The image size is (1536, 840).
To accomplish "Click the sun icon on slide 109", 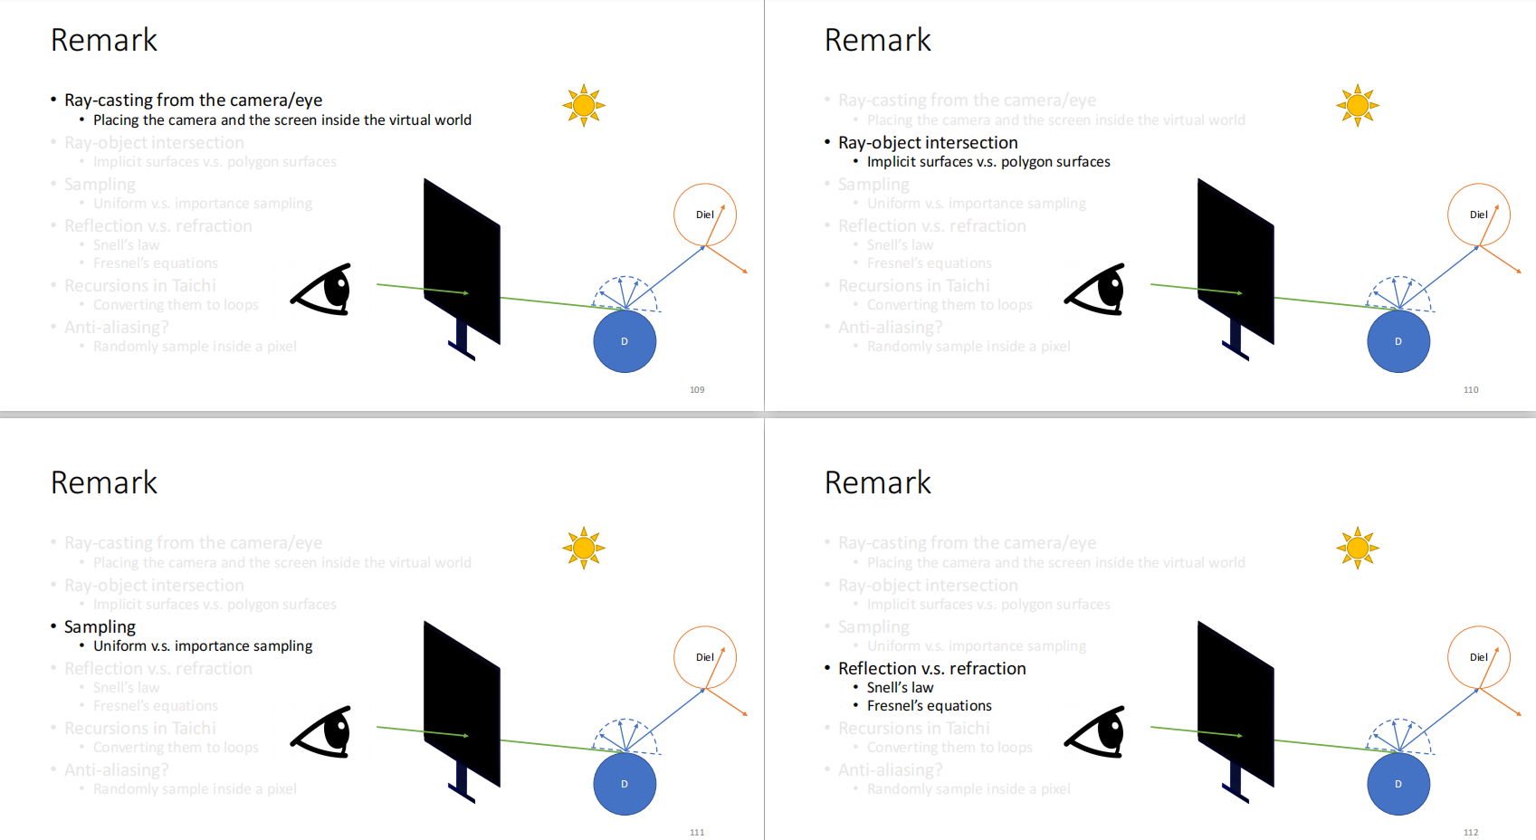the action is tap(584, 106).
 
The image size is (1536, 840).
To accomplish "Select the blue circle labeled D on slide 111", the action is tap(625, 784).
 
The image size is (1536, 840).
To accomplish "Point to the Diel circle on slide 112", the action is tap(1478, 657).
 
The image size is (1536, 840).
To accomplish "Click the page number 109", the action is tap(697, 390).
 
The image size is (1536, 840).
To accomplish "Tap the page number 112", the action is tap(1471, 833).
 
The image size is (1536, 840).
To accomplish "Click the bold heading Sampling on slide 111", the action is tap(100, 626).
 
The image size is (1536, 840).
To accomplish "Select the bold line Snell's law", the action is tap(900, 687).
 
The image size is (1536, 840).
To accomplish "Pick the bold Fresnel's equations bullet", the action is tap(929, 705).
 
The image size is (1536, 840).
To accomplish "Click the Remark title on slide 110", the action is tap(877, 40).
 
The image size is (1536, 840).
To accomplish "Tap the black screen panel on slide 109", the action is tap(462, 261).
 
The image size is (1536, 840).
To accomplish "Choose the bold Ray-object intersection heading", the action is tap(928, 142).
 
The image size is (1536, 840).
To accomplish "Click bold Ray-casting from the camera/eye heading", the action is tap(193, 100).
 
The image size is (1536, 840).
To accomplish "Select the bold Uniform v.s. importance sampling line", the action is tap(203, 645).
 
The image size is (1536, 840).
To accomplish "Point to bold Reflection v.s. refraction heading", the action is tap(931, 668).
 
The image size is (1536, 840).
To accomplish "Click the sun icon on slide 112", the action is tap(1358, 549).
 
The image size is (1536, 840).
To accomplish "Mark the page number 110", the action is tap(1471, 390).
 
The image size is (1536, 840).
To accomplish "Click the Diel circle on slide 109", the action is tap(704, 215).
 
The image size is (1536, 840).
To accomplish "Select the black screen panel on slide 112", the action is tap(1235, 703).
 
